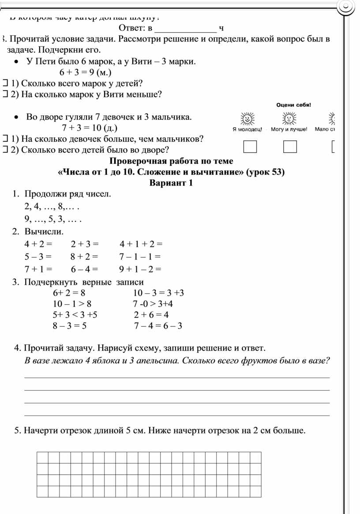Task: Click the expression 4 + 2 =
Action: (38, 244)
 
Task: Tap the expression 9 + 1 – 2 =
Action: (140, 269)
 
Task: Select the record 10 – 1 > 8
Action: (72, 304)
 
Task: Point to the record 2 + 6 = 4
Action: (151, 315)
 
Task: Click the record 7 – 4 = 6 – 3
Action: (158, 326)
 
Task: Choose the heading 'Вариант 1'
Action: (171, 183)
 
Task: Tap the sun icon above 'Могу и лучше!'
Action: (289, 118)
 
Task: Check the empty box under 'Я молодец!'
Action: (250, 146)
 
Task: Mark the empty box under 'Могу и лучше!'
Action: (290, 146)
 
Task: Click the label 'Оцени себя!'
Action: (293, 105)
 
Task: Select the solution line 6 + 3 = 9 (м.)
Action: (85, 72)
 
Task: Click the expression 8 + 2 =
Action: (84, 257)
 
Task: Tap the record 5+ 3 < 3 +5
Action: (75, 315)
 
